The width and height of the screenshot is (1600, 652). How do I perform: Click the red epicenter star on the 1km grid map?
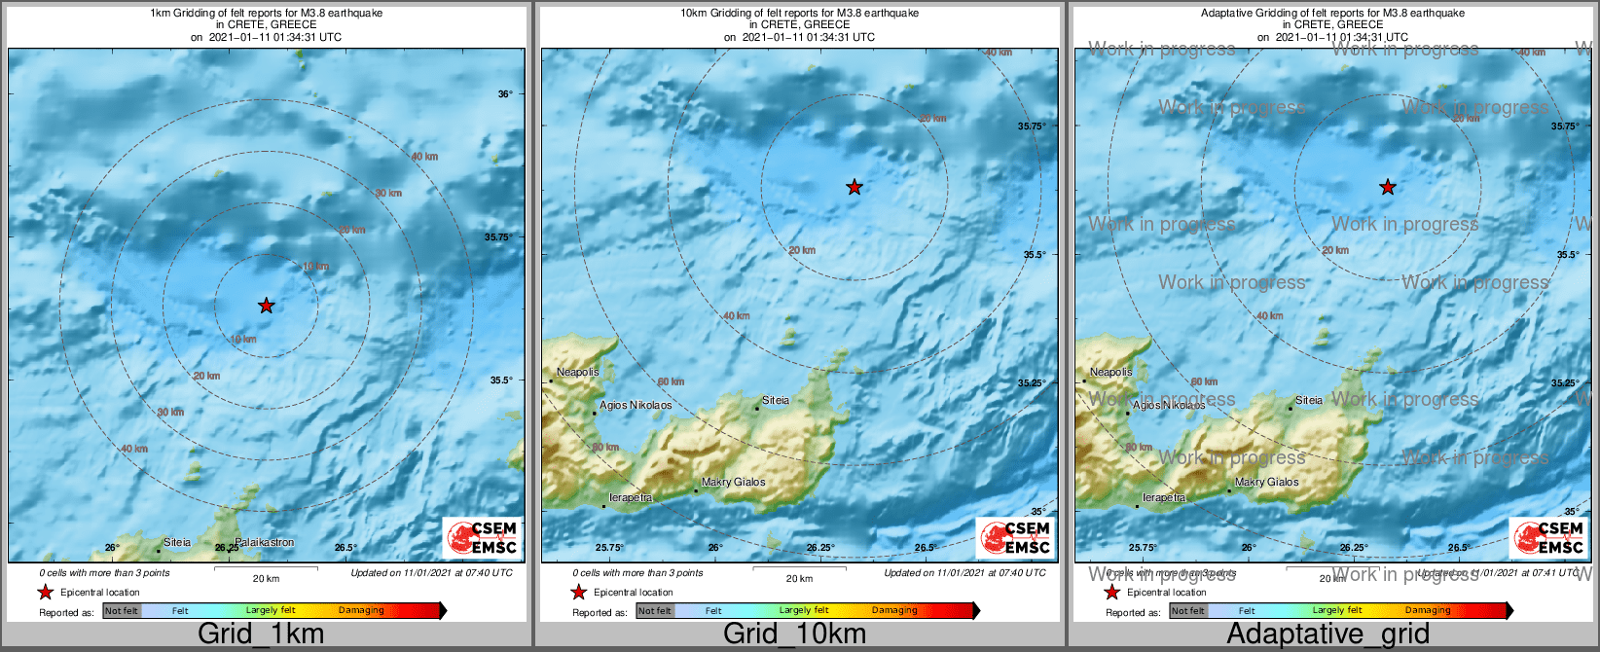(266, 306)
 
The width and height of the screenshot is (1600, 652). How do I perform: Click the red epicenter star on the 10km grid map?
(854, 187)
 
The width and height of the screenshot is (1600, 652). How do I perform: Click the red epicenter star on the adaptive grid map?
(1388, 187)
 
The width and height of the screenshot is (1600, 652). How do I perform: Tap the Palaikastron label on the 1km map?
(264, 542)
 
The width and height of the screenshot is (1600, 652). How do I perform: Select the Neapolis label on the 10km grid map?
(577, 372)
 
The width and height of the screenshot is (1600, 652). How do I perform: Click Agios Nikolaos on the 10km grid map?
(636, 405)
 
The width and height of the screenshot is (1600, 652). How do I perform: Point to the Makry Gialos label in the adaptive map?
(1266, 482)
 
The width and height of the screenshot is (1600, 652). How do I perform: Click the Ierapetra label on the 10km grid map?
(630, 497)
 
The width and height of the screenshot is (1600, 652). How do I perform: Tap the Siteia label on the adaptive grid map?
(1309, 400)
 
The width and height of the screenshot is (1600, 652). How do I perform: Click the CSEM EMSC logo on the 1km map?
(481, 537)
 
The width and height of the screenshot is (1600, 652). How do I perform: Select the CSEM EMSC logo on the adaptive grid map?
(1547, 537)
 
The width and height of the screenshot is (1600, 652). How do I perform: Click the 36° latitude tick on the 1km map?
(504, 94)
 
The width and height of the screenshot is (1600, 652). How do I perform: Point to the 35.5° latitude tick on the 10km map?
(1034, 254)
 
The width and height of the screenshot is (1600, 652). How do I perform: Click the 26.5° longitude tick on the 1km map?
(345, 548)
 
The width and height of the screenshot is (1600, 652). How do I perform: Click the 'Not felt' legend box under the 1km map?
(122, 610)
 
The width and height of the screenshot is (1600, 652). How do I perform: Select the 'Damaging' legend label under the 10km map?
(894, 610)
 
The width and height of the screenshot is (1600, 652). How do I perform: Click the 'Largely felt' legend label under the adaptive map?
(1337, 610)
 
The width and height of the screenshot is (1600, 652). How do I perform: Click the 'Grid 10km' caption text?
(794, 634)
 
